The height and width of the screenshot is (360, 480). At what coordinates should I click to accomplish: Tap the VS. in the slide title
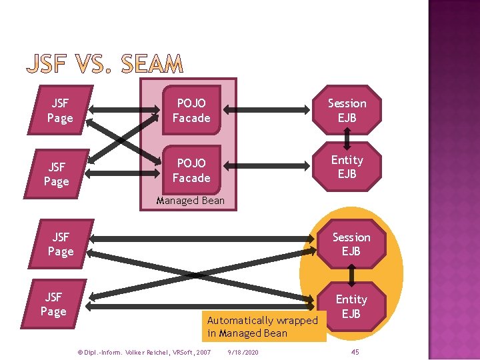click(95, 65)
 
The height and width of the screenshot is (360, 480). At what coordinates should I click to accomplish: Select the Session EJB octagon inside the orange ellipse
click(351, 244)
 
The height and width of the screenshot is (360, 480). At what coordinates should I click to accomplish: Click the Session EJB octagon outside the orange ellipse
click(347, 111)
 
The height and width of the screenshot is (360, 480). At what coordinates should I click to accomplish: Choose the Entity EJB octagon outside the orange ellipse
click(347, 167)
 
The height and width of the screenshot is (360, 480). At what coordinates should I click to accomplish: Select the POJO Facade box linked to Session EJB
click(191, 111)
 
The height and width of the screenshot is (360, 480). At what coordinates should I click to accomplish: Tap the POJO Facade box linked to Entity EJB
click(191, 170)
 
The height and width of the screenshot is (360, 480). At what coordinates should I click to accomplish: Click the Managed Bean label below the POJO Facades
click(190, 200)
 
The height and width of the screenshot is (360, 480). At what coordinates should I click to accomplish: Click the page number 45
click(355, 351)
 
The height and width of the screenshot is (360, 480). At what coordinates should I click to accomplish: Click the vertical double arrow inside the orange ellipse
click(351, 275)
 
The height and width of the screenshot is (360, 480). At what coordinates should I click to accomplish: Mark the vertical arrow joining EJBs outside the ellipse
click(347, 139)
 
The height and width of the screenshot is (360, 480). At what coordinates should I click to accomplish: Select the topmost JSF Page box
click(60, 111)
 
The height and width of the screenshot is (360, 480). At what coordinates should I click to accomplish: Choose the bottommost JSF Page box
click(53, 304)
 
